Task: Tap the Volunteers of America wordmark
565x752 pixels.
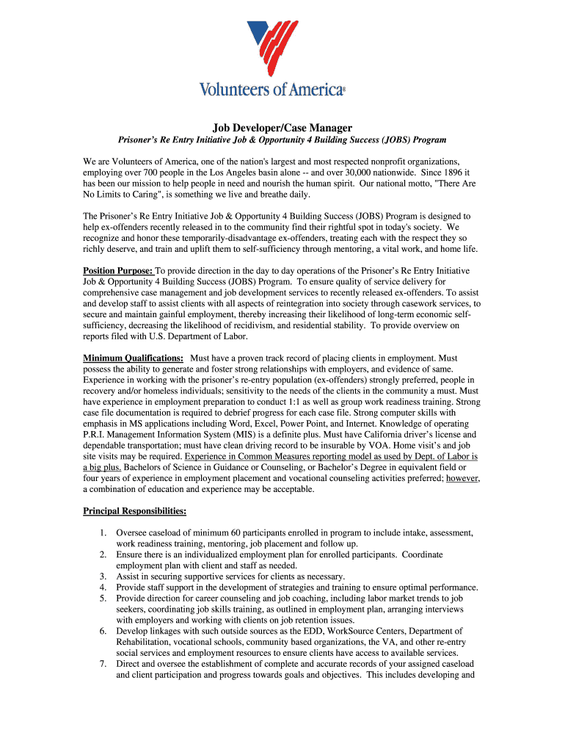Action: coord(271,90)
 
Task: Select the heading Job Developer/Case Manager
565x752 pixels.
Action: coord(282,128)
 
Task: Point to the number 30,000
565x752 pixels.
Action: coord(343,172)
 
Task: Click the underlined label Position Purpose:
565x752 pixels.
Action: coord(117,270)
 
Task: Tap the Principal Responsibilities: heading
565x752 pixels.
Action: coord(134,510)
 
